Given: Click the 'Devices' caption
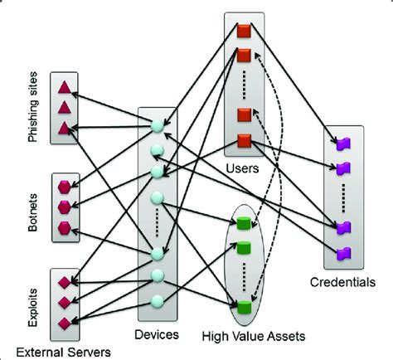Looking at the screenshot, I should point(158,336).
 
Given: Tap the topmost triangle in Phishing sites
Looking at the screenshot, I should point(64,87).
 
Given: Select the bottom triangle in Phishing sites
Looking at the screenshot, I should point(64,127).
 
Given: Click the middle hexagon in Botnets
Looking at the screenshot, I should point(65,207).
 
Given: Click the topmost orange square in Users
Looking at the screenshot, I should point(244,32).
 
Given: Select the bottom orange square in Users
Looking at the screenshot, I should point(244,140).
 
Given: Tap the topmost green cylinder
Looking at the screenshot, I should point(243,222).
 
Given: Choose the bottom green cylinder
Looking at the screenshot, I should point(243,307).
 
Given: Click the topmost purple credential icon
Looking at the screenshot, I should point(344,144).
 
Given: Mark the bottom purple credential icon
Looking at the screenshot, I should point(344,252).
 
